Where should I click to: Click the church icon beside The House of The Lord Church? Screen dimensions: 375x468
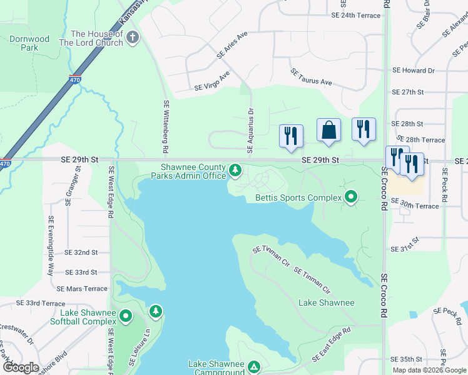(131, 38)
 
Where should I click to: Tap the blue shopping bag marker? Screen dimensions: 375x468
(328, 131)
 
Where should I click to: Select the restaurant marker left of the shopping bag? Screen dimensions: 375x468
(291, 136)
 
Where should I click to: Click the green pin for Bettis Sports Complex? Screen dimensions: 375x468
(351, 197)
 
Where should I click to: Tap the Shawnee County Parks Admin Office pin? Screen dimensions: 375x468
(235, 170)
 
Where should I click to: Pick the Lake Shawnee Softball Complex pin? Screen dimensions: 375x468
(126, 317)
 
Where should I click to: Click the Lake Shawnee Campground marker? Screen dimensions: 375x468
(253, 367)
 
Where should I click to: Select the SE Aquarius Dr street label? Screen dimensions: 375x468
(251, 131)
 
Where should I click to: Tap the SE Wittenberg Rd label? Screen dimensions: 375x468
(166, 127)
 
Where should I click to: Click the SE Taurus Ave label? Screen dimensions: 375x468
(311, 77)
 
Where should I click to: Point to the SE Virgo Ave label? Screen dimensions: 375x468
(212, 81)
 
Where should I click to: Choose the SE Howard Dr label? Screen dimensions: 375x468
(413, 71)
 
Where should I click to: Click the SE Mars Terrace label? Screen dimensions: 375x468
(82, 289)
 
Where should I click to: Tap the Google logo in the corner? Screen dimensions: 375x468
(20, 367)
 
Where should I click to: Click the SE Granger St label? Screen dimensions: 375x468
(71, 185)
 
